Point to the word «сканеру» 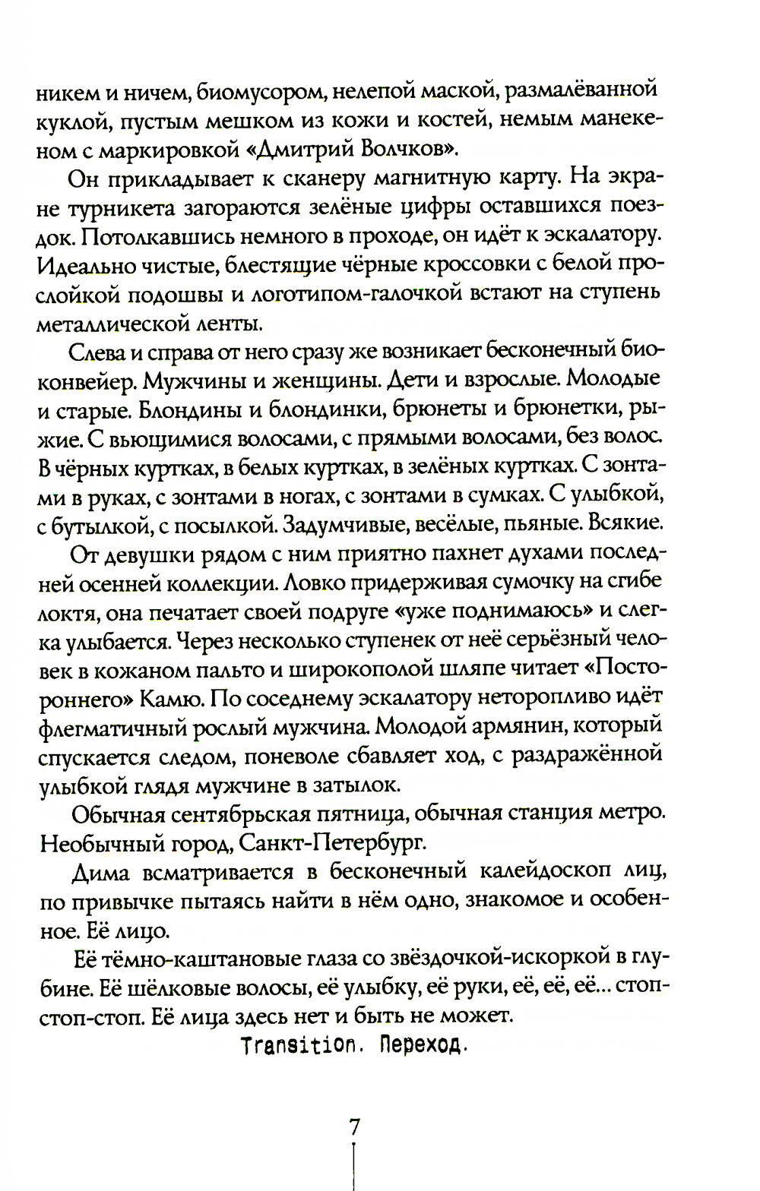click(307, 179)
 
